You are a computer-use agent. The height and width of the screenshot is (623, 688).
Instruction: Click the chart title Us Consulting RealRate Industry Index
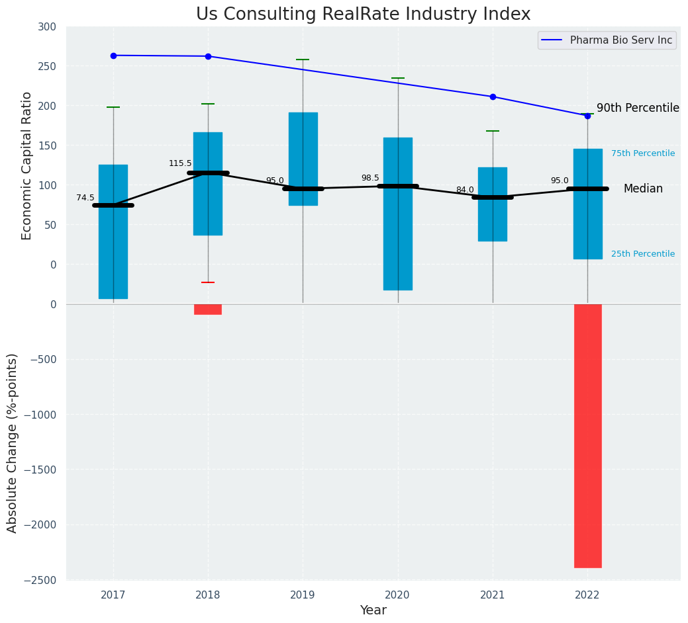coord(363,15)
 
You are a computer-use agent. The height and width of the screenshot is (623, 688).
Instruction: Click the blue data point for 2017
coord(113,56)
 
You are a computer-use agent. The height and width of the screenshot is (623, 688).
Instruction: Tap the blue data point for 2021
coord(493,97)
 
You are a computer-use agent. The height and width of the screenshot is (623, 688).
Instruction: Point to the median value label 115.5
coord(180,163)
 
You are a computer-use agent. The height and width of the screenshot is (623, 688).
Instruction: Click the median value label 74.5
coord(85,198)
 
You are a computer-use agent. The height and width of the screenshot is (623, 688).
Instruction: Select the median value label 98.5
coord(370,178)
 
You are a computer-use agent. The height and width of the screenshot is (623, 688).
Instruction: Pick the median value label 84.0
coord(465,190)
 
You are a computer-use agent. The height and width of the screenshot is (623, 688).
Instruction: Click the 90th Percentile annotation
coord(638,108)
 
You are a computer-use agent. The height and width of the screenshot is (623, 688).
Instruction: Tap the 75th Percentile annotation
coord(643,153)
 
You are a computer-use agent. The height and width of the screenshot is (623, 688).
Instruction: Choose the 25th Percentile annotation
coord(643,254)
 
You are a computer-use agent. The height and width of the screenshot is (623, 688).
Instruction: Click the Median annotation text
coord(643,188)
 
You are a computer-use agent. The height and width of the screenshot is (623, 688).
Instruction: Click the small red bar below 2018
coord(208,309)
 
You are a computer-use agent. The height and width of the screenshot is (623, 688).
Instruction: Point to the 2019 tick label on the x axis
coord(303,595)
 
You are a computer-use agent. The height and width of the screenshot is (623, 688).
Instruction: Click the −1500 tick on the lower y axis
coord(43,470)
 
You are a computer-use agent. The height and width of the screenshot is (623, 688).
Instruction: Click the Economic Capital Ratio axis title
coord(27,165)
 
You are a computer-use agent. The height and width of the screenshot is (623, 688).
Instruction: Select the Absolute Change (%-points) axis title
coord(13,442)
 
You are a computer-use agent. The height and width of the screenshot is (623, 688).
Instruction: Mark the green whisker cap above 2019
coord(303,60)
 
